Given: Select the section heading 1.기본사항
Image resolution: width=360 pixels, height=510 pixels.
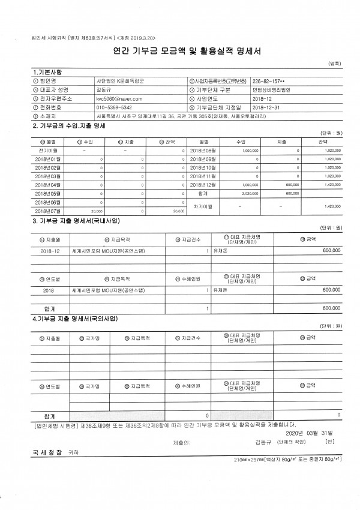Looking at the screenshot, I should click(47, 72).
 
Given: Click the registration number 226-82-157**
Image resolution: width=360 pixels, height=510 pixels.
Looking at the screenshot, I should click(269, 80).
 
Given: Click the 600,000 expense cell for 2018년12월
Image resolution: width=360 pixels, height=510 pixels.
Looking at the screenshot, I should click(292, 185).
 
